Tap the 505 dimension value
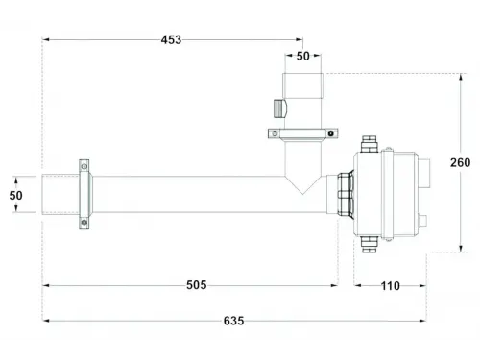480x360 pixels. (x=196, y=285)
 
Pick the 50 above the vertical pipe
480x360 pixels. (x=303, y=57)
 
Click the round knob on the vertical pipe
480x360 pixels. (x=278, y=108)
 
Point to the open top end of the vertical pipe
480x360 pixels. (x=303, y=74)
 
